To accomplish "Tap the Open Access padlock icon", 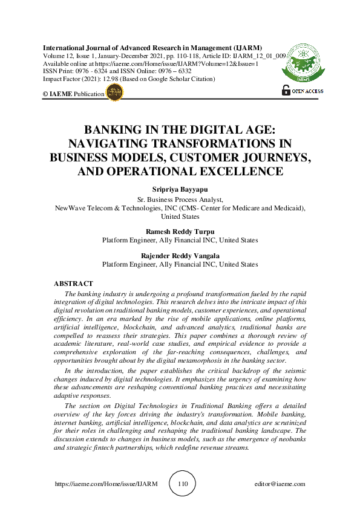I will pos(286,90).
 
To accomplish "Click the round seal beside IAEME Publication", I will pos(114,92).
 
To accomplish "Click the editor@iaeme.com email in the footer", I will pos(280,484).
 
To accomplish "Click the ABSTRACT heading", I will pos(73,284).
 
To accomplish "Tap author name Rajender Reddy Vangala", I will pos(180,256).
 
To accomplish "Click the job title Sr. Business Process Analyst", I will pos(180,198).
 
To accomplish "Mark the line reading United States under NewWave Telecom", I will pos(180,216).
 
